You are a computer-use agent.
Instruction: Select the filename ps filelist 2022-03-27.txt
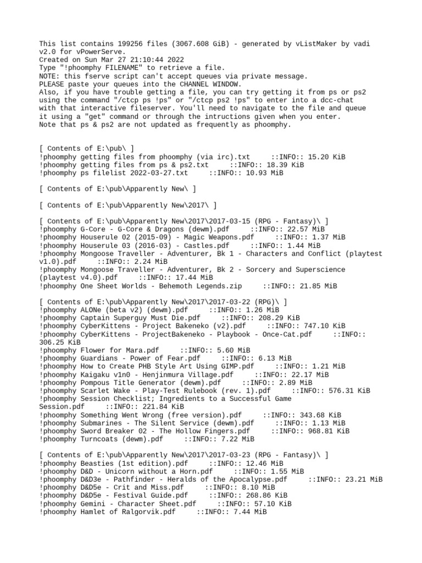(134, 173)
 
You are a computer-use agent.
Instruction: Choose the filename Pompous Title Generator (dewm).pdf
(151, 383)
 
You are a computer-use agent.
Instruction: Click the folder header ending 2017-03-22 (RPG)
(163, 302)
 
